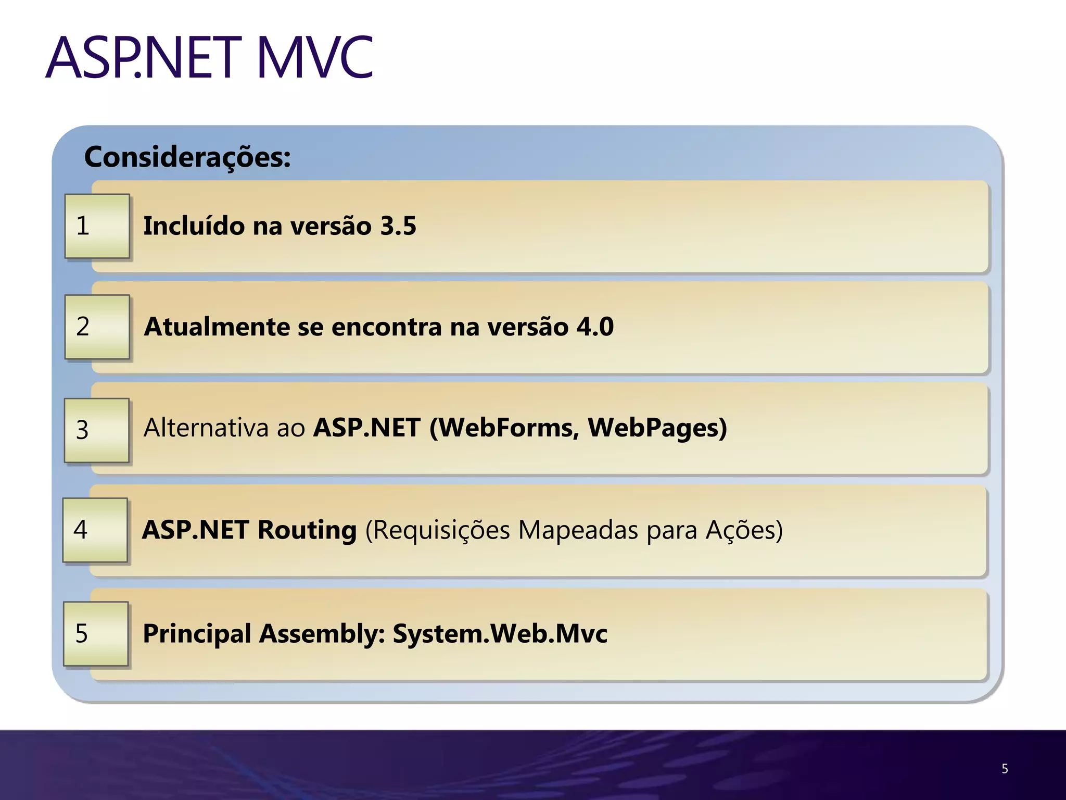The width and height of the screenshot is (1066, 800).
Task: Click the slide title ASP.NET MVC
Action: click(209, 57)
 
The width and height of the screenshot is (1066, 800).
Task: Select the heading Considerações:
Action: click(187, 157)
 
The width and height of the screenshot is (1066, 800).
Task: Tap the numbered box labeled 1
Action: click(97, 226)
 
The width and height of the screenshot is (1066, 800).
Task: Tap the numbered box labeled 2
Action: click(97, 327)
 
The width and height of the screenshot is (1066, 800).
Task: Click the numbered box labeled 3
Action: click(96, 430)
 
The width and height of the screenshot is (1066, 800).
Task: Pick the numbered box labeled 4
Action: click(95, 530)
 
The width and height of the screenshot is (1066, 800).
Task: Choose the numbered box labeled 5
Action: click(96, 633)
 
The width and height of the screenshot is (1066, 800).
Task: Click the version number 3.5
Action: click(398, 226)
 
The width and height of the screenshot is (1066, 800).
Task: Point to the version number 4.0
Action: click(595, 327)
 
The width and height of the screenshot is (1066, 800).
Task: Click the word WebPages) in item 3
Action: click(657, 428)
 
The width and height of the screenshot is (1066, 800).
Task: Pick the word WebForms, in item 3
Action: click(504, 428)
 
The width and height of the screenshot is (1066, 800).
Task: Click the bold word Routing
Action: click(307, 530)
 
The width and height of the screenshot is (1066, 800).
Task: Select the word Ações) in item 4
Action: click(744, 530)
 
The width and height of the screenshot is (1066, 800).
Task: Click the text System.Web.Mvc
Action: click(500, 633)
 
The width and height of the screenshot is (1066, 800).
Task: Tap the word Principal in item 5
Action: click(197, 633)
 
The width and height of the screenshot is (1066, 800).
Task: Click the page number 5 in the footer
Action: click(1005, 769)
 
